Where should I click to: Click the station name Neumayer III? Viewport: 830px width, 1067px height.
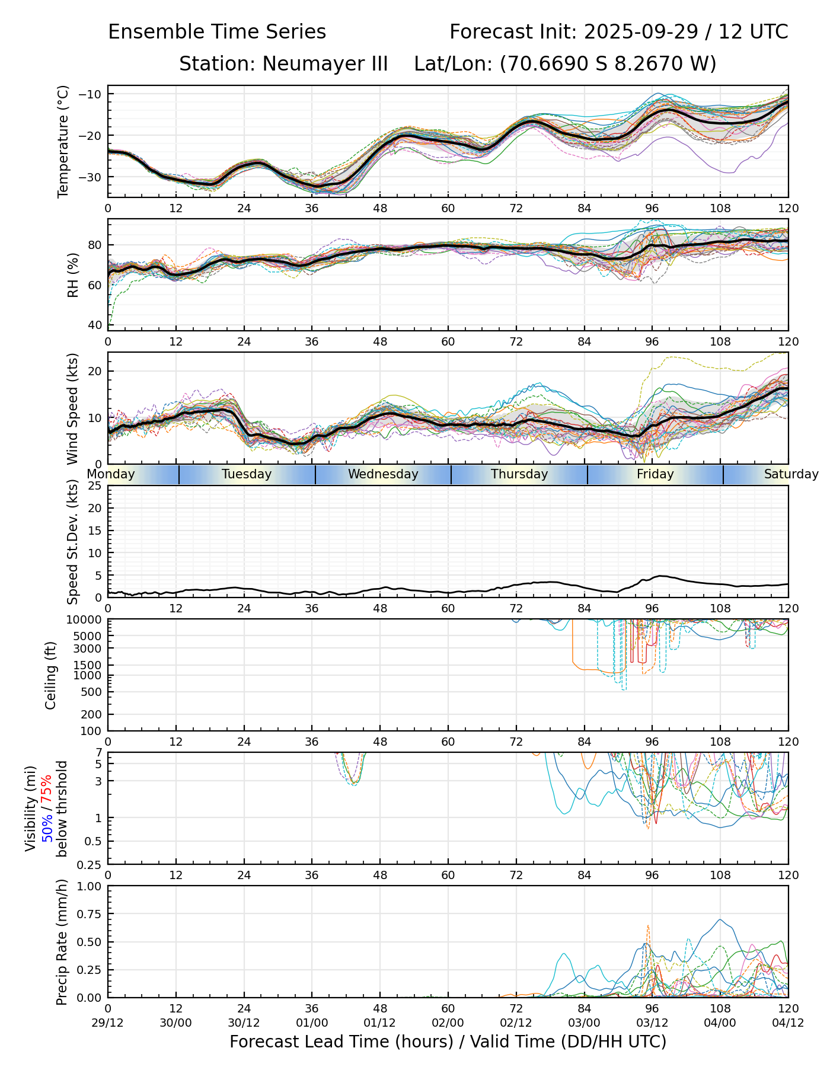[325, 63]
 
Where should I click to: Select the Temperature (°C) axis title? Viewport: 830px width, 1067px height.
[63, 141]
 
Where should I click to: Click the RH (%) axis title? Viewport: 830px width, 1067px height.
[73, 274]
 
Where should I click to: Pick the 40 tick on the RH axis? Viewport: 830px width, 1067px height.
[95, 325]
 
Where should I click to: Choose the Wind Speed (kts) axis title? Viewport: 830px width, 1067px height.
[72, 408]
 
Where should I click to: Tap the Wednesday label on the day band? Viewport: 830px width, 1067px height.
[383, 474]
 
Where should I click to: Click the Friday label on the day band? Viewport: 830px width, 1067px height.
[655, 474]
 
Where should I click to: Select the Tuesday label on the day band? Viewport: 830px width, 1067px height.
[247, 474]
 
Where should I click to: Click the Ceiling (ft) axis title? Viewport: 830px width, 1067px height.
[51, 675]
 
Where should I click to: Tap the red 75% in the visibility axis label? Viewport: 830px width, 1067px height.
[46, 782]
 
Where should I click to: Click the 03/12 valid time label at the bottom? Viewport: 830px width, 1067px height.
[652, 1023]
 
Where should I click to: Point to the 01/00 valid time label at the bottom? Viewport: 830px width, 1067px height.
[312, 1023]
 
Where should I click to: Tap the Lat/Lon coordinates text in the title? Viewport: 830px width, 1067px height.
[565, 63]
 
